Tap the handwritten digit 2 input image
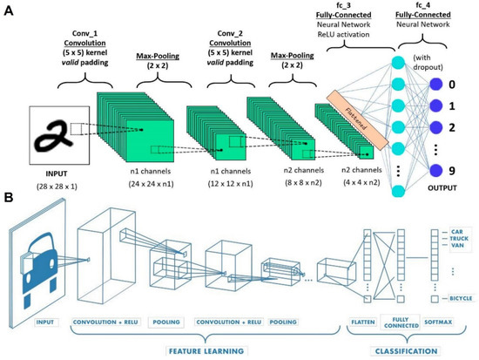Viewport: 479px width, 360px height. pyautogui.click(x=57, y=133)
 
